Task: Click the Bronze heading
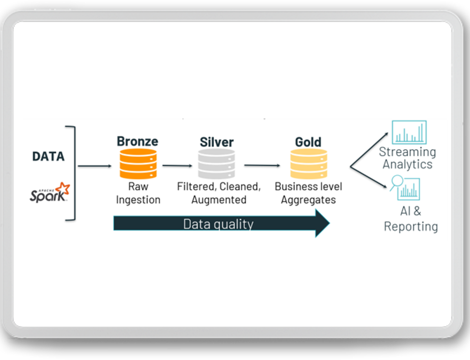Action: (x=137, y=141)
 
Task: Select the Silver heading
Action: (x=217, y=142)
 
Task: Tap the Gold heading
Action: (x=308, y=142)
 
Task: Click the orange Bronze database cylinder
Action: (x=137, y=164)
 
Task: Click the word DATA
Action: (x=48, y=157)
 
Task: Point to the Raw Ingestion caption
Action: (x=138, y=193)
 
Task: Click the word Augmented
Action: (x=219, y=200)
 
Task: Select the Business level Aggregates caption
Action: (x=308, y=193)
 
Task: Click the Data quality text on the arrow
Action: (x=218, y=224)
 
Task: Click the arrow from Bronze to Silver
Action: (x=177, y=166)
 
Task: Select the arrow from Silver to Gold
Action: (x=262, y=166)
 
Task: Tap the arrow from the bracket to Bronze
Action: (x=95, y=166)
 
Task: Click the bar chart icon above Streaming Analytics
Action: (x=409, y=133)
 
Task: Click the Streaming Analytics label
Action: (x=407, y=158)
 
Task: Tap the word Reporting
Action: (x=411, y=227)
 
